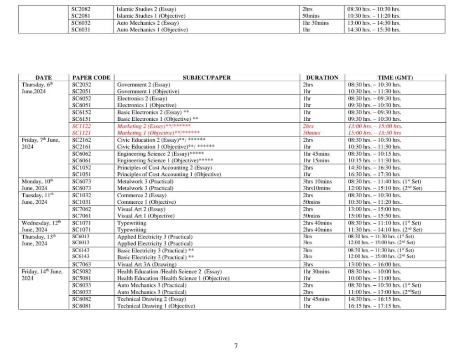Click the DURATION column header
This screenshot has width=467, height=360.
(x=322, y=77)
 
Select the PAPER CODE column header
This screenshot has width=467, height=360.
(x=91, y=77)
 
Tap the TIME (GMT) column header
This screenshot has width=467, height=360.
(x=395, y=77)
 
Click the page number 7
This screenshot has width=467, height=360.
(x=236, y=346)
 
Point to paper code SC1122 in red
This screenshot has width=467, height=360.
(x=82, y=126)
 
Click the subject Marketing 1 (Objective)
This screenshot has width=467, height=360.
(x=158, y=133)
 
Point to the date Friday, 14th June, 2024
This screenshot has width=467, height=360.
(x=42, y=275)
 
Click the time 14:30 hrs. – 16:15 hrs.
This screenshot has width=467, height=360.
(x=374, y=299)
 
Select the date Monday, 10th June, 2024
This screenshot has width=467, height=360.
(x=37, y=185)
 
